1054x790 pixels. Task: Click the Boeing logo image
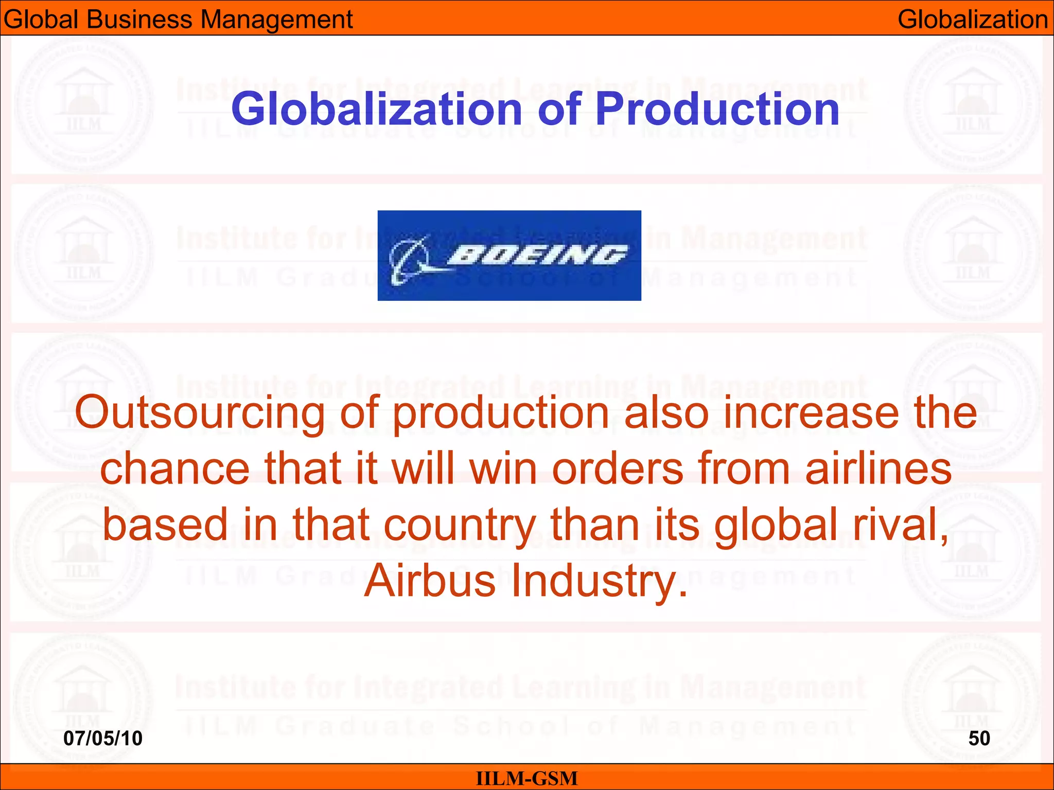tap(509, 255)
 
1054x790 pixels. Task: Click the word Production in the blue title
tap(717, 109)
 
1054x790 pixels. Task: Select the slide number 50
tap(979, 739)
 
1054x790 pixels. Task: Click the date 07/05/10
tap(103, 739)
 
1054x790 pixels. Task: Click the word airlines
tap(879, 469)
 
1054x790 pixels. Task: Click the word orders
tap(618, 469)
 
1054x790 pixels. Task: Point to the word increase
tap(812, 414)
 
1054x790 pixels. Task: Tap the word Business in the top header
tap(139, 20)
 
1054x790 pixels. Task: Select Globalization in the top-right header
tap(973, 20)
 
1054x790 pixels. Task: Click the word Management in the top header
tap(276, 20)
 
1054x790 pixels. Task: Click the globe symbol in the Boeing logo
tap(409, 259)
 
